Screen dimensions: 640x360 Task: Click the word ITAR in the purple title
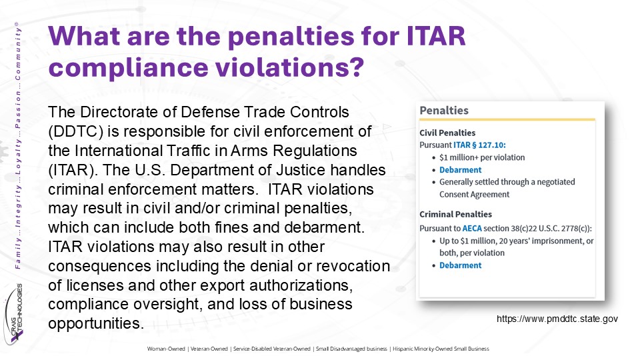click(436, 36)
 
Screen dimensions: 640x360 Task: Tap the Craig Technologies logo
click(14, 314)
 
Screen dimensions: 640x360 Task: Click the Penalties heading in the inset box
click(444, 111)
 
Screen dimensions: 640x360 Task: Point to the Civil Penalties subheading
click(447, 133)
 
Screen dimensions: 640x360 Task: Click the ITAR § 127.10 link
click(479, 145)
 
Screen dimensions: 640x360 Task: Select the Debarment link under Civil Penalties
click(461, 170)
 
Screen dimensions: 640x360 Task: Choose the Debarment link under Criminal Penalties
click(461, 265)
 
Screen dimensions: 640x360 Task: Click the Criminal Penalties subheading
click(455, 214)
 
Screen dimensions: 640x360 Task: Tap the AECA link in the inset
click(472, 229)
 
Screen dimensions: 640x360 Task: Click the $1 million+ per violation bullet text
click(482, 157)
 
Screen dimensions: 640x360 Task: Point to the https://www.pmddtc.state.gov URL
click(557, 319)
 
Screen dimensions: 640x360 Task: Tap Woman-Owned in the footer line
click(166, 349)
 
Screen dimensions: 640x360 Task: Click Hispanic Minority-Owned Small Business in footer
click(441, 349)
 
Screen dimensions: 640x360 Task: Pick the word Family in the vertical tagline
click(17, 254)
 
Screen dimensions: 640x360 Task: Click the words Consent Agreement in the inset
click(474, 195)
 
